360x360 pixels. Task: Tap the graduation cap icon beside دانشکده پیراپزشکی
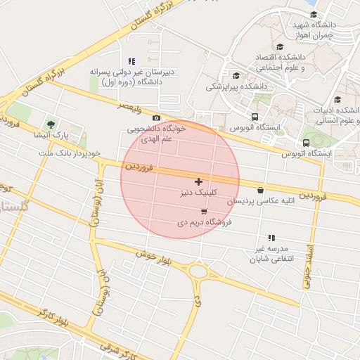point(236,75)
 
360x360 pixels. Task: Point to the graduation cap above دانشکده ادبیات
point(337,99)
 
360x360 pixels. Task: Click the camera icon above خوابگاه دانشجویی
point(156,118)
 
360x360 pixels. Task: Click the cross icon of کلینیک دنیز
point(198,181)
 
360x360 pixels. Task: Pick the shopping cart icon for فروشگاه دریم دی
point(204,211)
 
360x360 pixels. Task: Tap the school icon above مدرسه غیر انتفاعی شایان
point(271,238)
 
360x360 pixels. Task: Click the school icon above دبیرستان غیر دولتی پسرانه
point(131,61)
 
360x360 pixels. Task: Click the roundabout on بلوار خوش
point(198,270)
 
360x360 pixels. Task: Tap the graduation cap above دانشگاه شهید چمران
point(314,14)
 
